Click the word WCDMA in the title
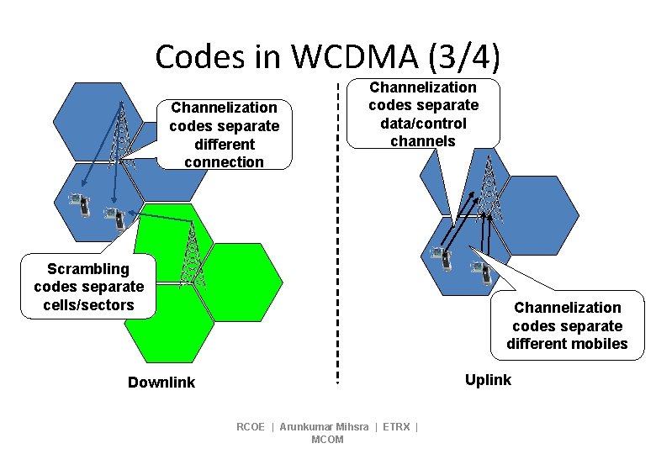(x=355, y=56)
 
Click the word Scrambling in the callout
(x=88, y=269)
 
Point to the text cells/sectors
(x=88, y=305)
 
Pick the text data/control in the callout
(x=423, y=124)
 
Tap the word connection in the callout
(x=224, y=162)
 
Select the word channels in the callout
(x=423, y=141)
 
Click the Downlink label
(x=161, y=383)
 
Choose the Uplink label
(x=488, y=380)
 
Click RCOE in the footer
(x=251, y=427)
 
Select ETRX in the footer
(x=396, y=427)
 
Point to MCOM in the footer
(x=327, y=440)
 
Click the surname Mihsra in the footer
(x=352, y=427)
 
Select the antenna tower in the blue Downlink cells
(x=122, y=135)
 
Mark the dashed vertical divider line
(x=337, y=252)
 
